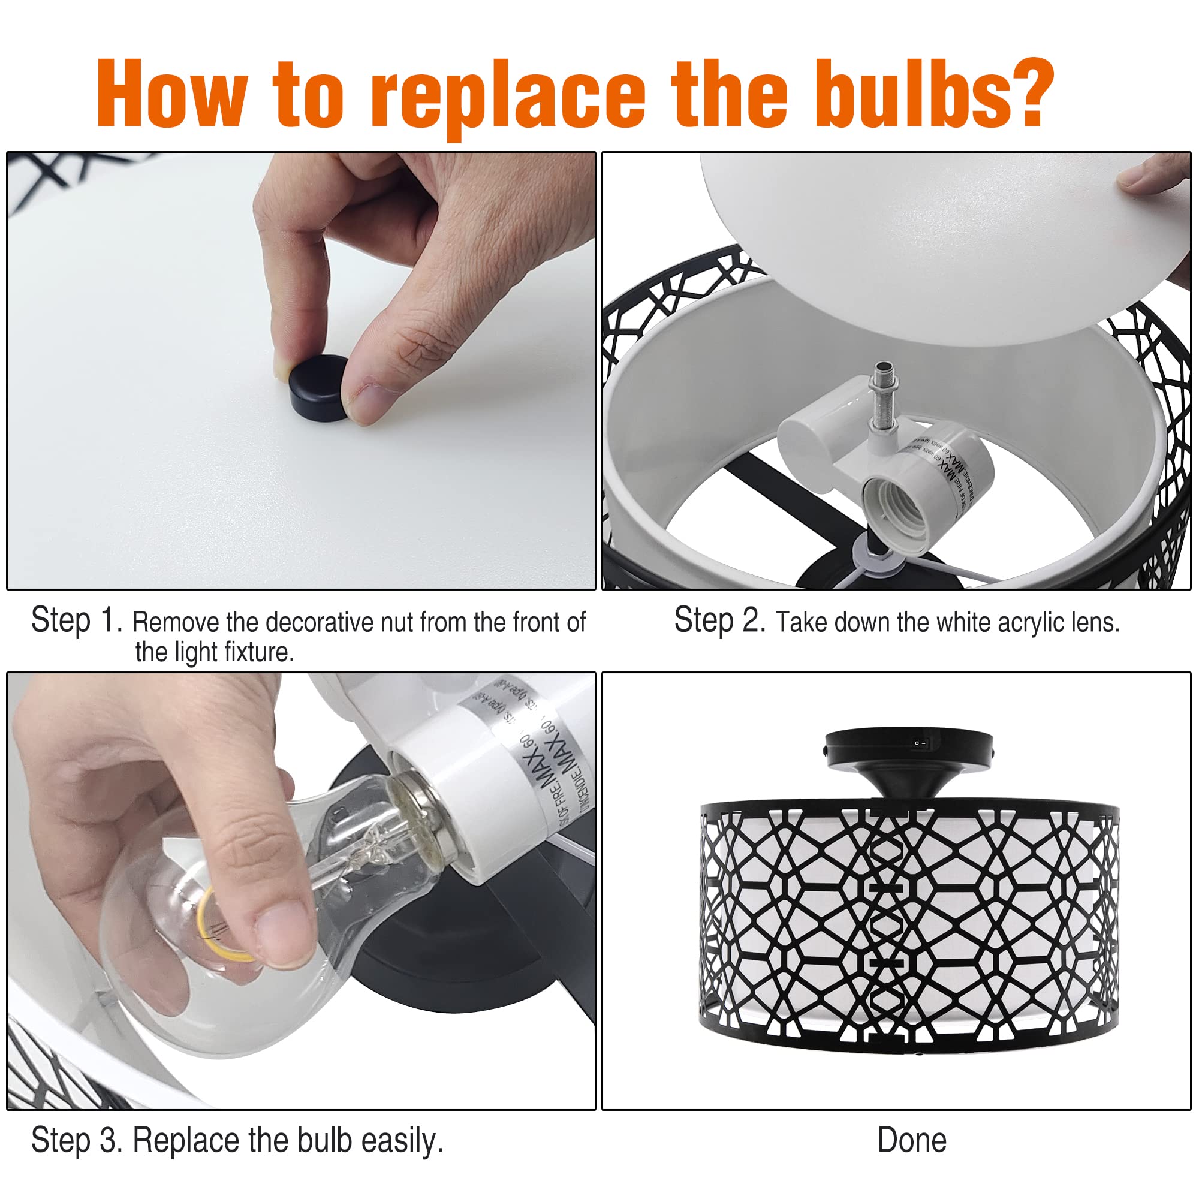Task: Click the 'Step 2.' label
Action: coord(720,620)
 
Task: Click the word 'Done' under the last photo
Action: coord(912,1140)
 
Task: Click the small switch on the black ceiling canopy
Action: coord(920,743)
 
